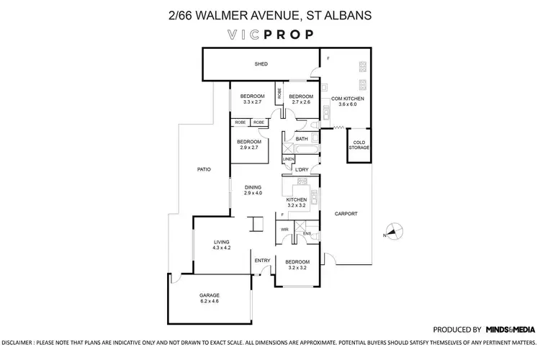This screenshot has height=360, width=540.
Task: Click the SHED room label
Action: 261,65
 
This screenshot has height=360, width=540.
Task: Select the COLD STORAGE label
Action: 359,145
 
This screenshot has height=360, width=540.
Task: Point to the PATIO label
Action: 204,170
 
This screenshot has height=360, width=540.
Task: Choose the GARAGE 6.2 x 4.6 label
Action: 210,298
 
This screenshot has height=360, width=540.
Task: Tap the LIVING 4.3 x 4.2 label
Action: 221,245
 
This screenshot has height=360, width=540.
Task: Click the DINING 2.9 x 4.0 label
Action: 253,190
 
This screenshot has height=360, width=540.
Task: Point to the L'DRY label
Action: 302,170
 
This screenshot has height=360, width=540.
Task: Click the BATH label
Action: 301,139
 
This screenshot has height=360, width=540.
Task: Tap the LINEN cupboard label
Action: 288,158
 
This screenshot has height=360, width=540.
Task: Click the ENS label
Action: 307,233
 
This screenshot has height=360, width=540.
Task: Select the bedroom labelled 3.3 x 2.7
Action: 252,99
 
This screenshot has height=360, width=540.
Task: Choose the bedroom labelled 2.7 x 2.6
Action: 301,99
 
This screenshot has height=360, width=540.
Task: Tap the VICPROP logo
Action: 269,34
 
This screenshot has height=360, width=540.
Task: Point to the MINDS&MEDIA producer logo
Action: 510,328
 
